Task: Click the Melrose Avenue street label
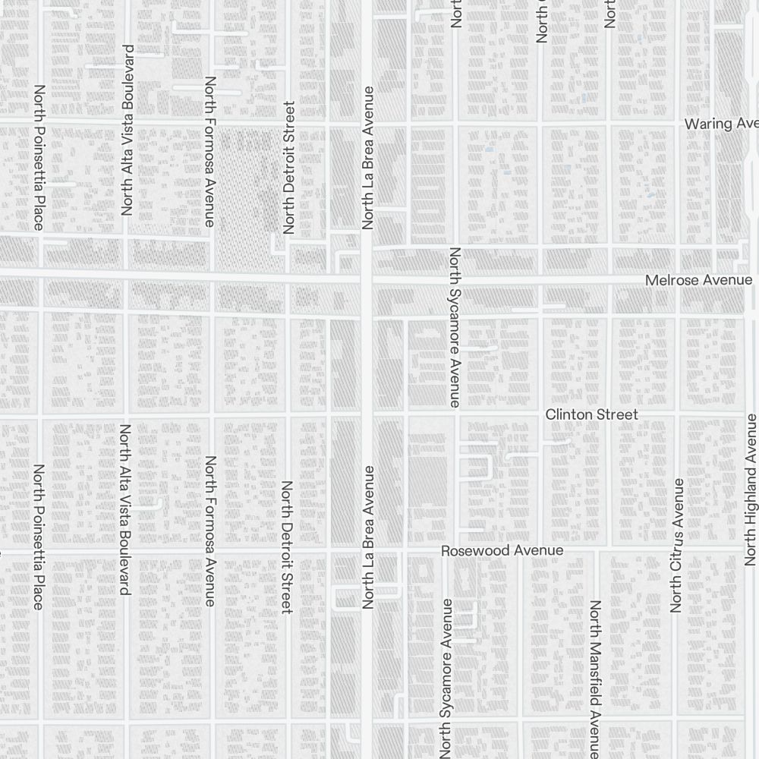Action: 698,281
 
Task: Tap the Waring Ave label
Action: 721,124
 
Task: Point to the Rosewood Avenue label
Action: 502,550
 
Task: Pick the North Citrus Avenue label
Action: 676,545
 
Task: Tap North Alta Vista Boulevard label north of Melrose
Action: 127,131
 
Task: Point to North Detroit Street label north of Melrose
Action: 288,167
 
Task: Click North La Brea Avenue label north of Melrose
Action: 369,158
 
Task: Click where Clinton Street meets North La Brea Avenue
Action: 367,414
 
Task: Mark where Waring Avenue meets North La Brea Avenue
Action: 367,121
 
